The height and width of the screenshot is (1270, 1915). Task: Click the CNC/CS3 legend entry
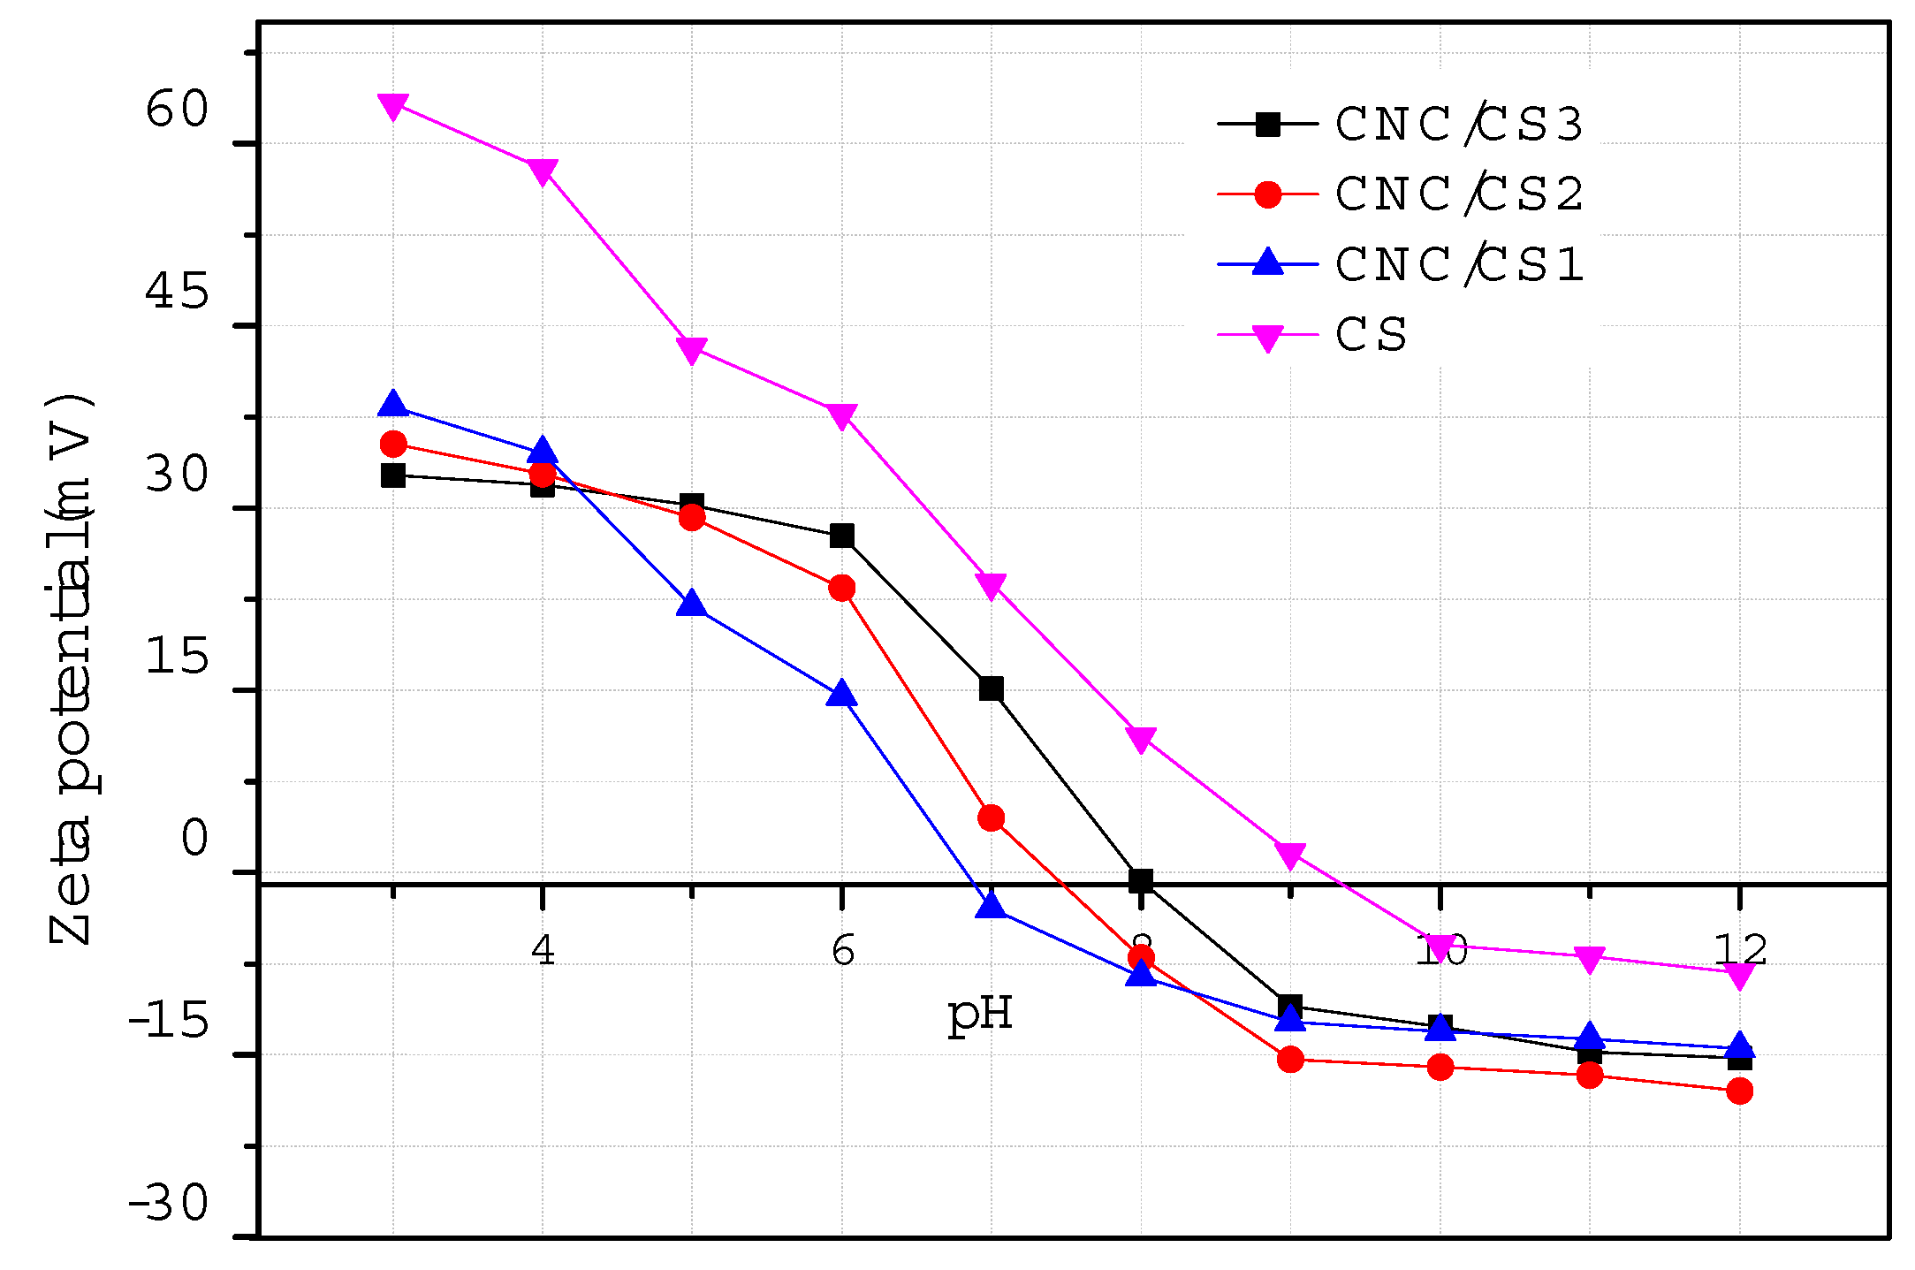(1459, 125)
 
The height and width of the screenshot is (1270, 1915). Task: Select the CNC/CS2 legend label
(1459, 194)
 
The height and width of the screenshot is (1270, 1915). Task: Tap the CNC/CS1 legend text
(1459, 264)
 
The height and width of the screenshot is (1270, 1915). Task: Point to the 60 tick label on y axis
(177, 110)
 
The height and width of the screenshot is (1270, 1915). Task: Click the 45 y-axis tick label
(177, 291)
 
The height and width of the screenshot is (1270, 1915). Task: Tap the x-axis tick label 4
(543, 950)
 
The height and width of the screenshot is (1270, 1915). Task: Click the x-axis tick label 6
(842, 950)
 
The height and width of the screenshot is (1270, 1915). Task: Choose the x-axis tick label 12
(1739, 950)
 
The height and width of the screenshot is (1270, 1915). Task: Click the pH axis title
(979, 1014)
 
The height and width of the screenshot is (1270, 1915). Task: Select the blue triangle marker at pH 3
(393, 406)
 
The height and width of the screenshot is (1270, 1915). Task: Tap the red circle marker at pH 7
(992, 818)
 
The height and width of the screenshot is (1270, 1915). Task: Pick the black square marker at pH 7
(992, 688)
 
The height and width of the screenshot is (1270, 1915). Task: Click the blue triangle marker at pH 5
(692, 605)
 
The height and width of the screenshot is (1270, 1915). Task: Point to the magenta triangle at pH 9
(1290, 855)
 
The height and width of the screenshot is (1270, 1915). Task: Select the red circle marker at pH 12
(1739, 1091)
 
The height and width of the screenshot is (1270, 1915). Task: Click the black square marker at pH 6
(842, 536)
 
